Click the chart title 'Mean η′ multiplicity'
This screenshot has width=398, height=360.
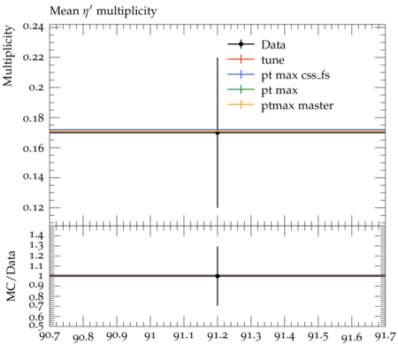click(103, 11)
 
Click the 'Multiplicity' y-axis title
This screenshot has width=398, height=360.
click(8, 56)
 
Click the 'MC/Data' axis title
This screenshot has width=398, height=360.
click(11, 276)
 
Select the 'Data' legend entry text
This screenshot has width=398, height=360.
click(273, 45)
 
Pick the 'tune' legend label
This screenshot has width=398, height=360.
click(272, 60)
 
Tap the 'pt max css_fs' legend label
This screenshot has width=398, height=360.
click(295, 75)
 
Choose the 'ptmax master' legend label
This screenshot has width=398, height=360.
click(297, 105)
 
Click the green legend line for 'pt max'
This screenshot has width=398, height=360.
click(241, 90)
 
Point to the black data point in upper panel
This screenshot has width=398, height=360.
click(218, 133)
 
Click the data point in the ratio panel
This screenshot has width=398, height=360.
click(218, 276)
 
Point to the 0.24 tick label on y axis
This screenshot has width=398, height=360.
click(33, 27)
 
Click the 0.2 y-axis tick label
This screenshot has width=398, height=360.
click(36, 88)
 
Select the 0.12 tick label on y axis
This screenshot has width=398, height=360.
click(33, 208)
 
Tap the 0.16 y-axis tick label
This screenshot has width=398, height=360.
click(33, 148)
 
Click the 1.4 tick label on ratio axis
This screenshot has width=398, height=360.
click(36, 235)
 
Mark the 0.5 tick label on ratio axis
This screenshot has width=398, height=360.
click(36, 326)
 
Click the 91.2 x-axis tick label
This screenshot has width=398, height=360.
click(218, 336)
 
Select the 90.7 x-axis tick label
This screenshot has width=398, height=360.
click(50, 336)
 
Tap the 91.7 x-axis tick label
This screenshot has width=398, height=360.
click(385, 336)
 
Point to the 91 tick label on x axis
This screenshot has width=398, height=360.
click(150, 336)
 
